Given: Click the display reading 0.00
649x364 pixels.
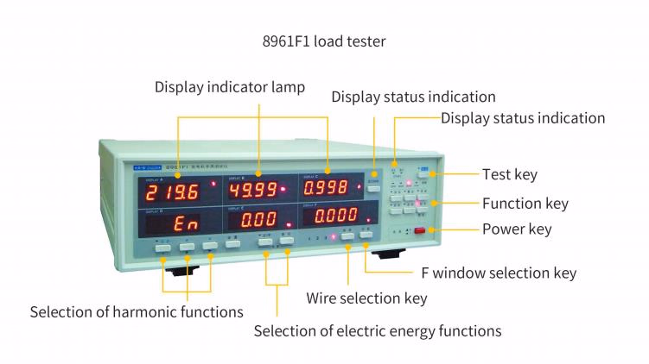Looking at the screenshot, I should [x=257, y=220].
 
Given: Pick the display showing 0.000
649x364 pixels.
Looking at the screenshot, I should [x=336, y=216].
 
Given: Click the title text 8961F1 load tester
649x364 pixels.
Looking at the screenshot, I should [x=324, y=41].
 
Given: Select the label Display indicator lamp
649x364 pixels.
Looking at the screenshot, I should [x=230, y=87].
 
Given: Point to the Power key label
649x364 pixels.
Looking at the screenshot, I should [x=517, y=230].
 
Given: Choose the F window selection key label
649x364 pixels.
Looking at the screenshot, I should [x=498, y=273].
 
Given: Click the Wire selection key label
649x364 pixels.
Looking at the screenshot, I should [x=366, y=298].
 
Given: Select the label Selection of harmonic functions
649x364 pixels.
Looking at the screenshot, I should [x=137, y=311].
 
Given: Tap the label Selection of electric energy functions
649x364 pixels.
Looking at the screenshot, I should [x=377, y=330].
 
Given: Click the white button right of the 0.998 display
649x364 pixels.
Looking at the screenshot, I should [x=373, y=185].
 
